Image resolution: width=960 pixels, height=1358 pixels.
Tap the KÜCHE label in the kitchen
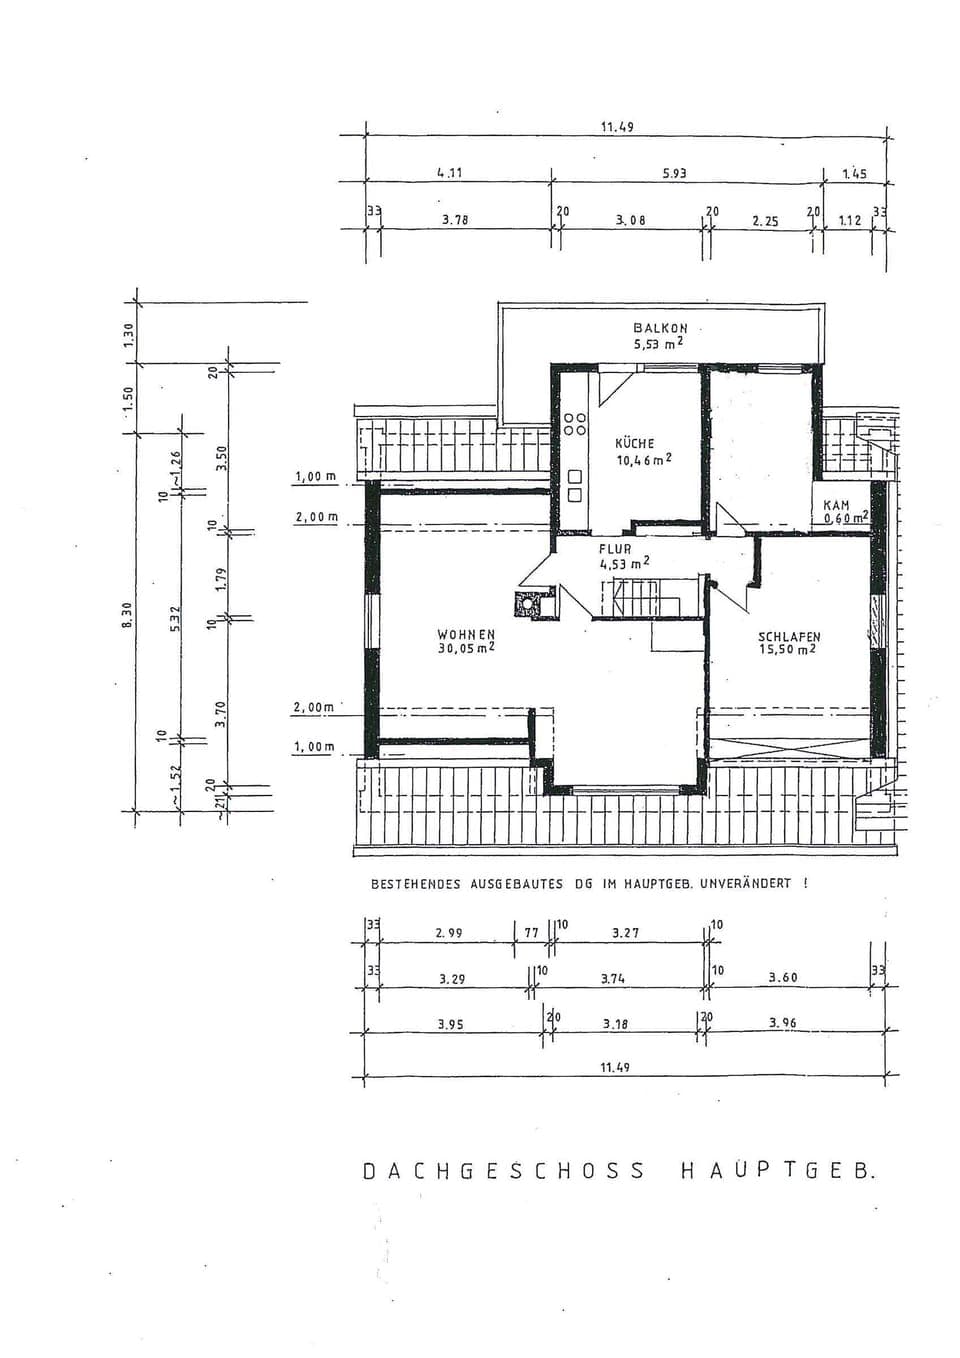tap(635, 443)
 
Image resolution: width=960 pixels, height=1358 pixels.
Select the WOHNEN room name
tap(466, 634)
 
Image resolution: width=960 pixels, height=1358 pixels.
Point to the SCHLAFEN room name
tap(789, 636)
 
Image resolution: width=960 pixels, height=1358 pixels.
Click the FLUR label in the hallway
tap(615, 549)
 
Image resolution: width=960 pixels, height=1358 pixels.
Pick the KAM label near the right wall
tap(836, 506)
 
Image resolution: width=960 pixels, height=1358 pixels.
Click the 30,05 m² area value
tap(466, 648)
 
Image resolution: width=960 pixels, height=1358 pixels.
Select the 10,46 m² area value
tap(643, 460)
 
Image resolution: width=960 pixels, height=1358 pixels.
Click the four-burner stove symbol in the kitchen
tap(575, 424)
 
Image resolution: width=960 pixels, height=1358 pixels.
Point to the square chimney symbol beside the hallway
tap(526, 603)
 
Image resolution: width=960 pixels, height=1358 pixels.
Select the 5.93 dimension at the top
tap(674, 173)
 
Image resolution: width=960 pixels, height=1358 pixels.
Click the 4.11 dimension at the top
tap(449, 173)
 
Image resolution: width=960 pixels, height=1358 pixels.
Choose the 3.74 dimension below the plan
tap(612, 979)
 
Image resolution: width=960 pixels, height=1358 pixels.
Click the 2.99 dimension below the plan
tap(449, 933)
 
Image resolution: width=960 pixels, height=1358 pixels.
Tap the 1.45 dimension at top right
tap(854, 174)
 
